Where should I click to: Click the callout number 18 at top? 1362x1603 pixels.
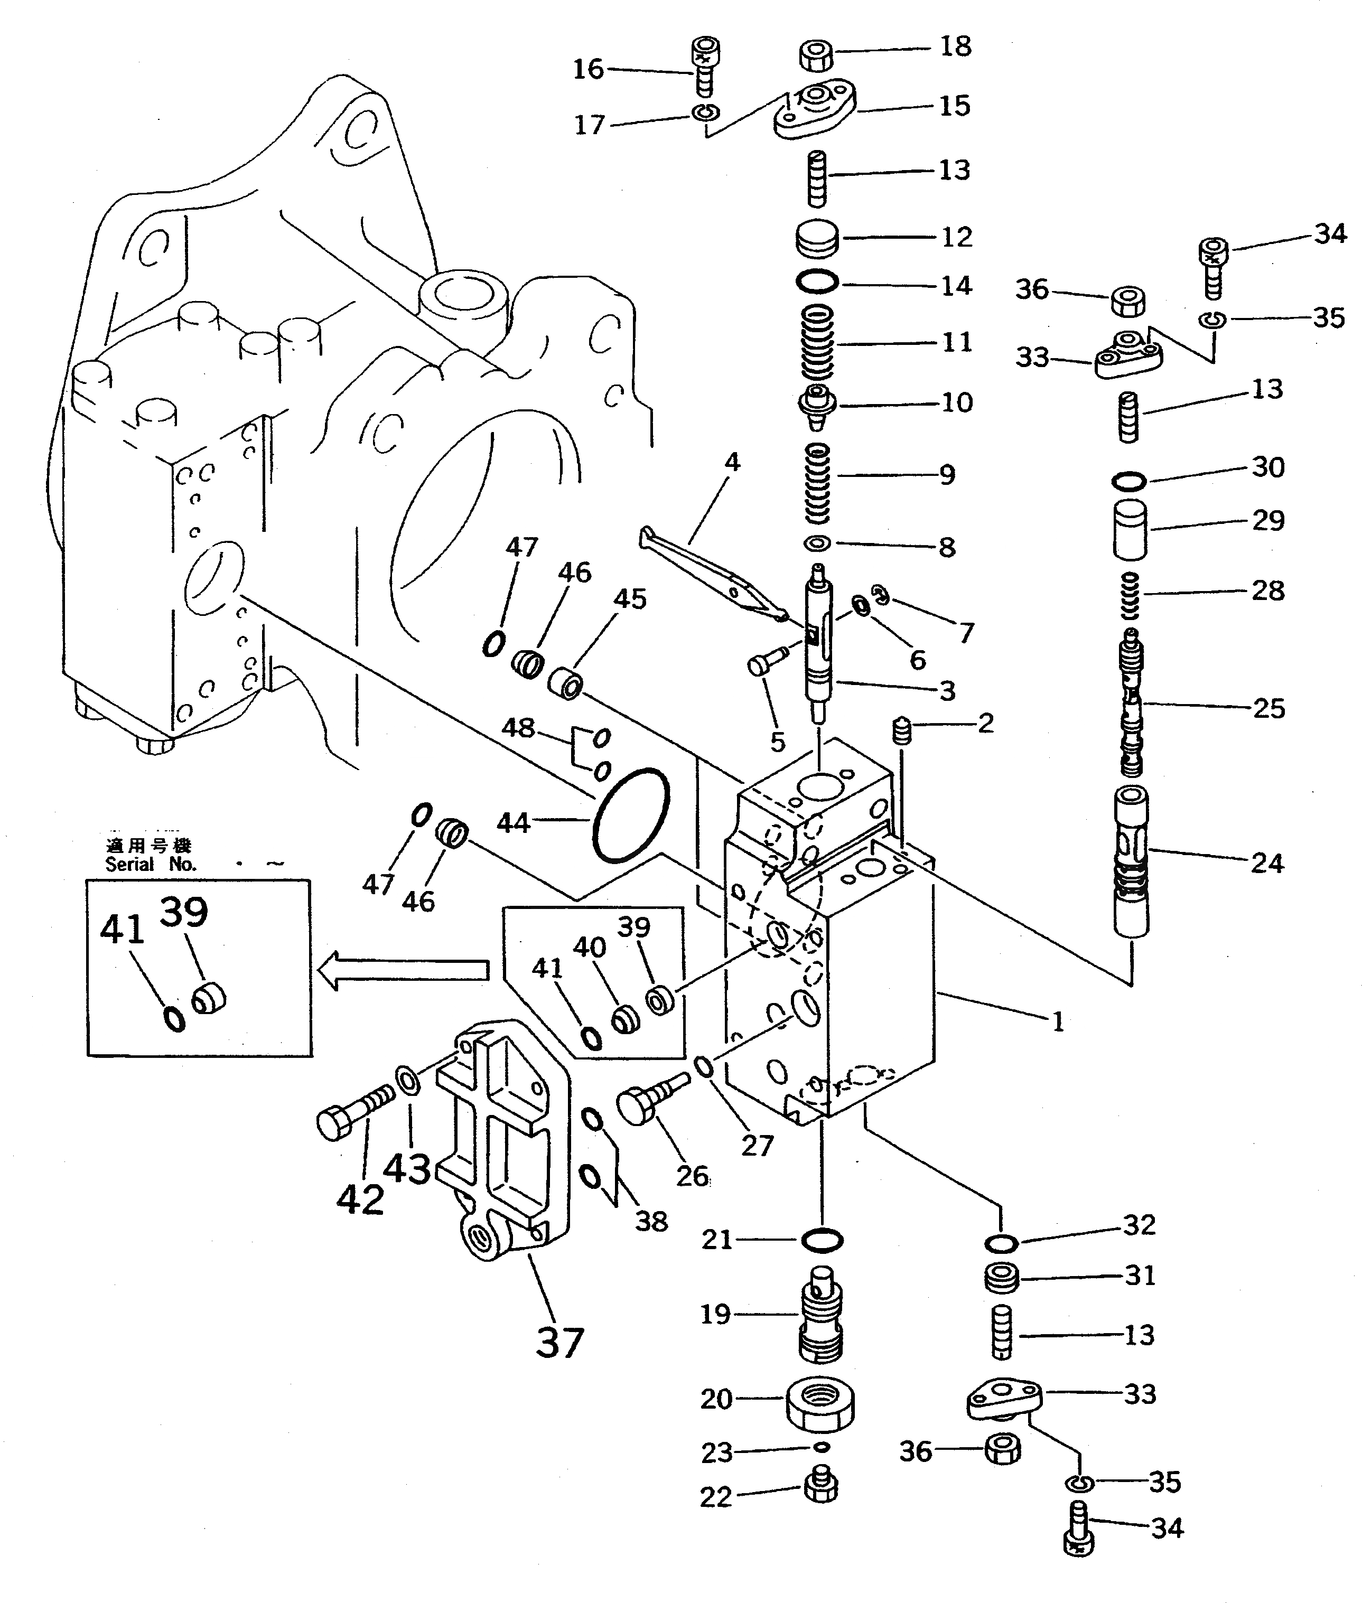[x=955, y=47]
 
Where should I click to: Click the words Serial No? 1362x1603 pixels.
[x=151, y=865]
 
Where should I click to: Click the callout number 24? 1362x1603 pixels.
[x=1267, y=863]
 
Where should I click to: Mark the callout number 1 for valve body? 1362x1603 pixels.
[x=1058, y=1022]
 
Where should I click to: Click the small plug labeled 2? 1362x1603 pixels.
[x=902, y=729]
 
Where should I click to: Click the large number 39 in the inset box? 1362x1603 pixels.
[x=184, y=912]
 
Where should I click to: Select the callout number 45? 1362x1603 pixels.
[x=630, y=599]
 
